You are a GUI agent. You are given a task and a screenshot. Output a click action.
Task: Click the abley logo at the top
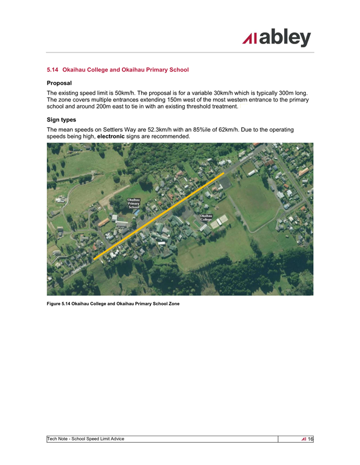277,38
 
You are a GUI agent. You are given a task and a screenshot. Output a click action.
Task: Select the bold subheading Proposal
59,83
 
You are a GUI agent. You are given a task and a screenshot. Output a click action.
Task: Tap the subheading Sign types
61,119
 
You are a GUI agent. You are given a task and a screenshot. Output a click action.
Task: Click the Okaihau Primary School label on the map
133,204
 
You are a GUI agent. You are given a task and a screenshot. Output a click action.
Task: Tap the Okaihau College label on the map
206,218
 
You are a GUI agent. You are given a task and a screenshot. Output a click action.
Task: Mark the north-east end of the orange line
224,173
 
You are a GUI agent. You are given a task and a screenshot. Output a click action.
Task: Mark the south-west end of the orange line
94,259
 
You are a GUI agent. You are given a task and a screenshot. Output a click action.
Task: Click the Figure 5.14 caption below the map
113,303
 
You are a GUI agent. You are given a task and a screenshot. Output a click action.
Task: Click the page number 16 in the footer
310,439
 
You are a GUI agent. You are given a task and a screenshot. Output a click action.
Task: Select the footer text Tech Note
59,439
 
